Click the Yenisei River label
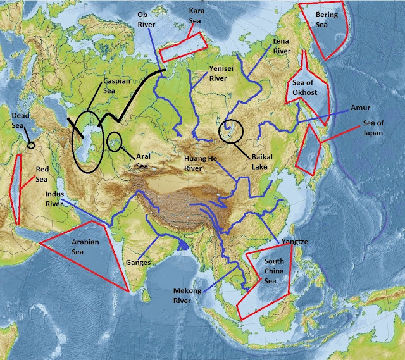(x=218, y=73)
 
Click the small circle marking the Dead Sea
(x=31, y=146)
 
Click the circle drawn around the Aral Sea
(x=115, y=140)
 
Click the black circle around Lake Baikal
(x=230, y=132)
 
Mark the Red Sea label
(x=42, y=175)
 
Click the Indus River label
(x=55, y=199)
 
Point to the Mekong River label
(x=187, y=295)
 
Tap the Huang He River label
(x=201, y=163)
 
